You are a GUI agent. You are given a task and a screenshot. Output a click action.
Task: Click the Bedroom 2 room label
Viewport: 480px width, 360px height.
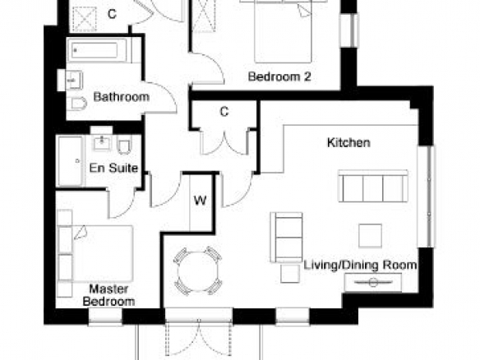(x=279, y=76)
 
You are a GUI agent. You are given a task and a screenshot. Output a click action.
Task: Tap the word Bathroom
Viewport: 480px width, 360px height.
(x=122, y=97)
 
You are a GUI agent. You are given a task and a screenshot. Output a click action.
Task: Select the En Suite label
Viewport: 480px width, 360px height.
(x=113, y=168)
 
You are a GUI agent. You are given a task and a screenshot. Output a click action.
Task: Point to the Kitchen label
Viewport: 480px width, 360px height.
(x=348, y=143)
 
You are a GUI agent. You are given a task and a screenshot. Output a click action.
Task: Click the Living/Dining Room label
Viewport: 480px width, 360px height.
(x=360, y=265)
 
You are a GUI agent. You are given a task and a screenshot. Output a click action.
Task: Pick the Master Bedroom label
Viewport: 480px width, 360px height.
(x=108, y=295)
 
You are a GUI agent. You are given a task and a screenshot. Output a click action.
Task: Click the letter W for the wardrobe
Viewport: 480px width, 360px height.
(x=201, y=201)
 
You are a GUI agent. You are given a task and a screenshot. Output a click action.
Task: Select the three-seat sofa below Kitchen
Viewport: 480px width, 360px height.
(x=373, y=186)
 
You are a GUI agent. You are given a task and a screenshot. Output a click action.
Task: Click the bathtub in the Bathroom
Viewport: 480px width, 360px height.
(x=99, y=50)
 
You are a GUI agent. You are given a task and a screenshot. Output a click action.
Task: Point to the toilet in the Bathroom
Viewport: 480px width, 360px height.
(x=78, y=104)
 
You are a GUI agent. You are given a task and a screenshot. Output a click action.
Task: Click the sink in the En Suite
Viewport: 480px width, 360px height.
(x=102, y=143)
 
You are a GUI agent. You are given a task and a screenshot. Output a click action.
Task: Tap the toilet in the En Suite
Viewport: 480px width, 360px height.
(x=124, y=147)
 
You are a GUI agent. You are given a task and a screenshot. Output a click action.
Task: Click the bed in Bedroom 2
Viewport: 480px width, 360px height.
(x=284, y=31)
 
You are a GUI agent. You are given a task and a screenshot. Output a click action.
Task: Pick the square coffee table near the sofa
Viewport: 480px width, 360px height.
(x=370, y=235)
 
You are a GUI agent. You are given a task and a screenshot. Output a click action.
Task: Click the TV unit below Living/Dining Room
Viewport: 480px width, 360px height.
(x=373, y=282)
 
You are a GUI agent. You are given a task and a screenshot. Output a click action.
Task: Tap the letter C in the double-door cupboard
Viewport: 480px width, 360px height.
(x=224, y=112)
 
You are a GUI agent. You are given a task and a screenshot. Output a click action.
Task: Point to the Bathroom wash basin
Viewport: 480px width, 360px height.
(x=74, y=81)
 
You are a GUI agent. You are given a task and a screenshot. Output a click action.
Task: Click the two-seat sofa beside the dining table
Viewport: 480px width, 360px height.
(x=287, y=238)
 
